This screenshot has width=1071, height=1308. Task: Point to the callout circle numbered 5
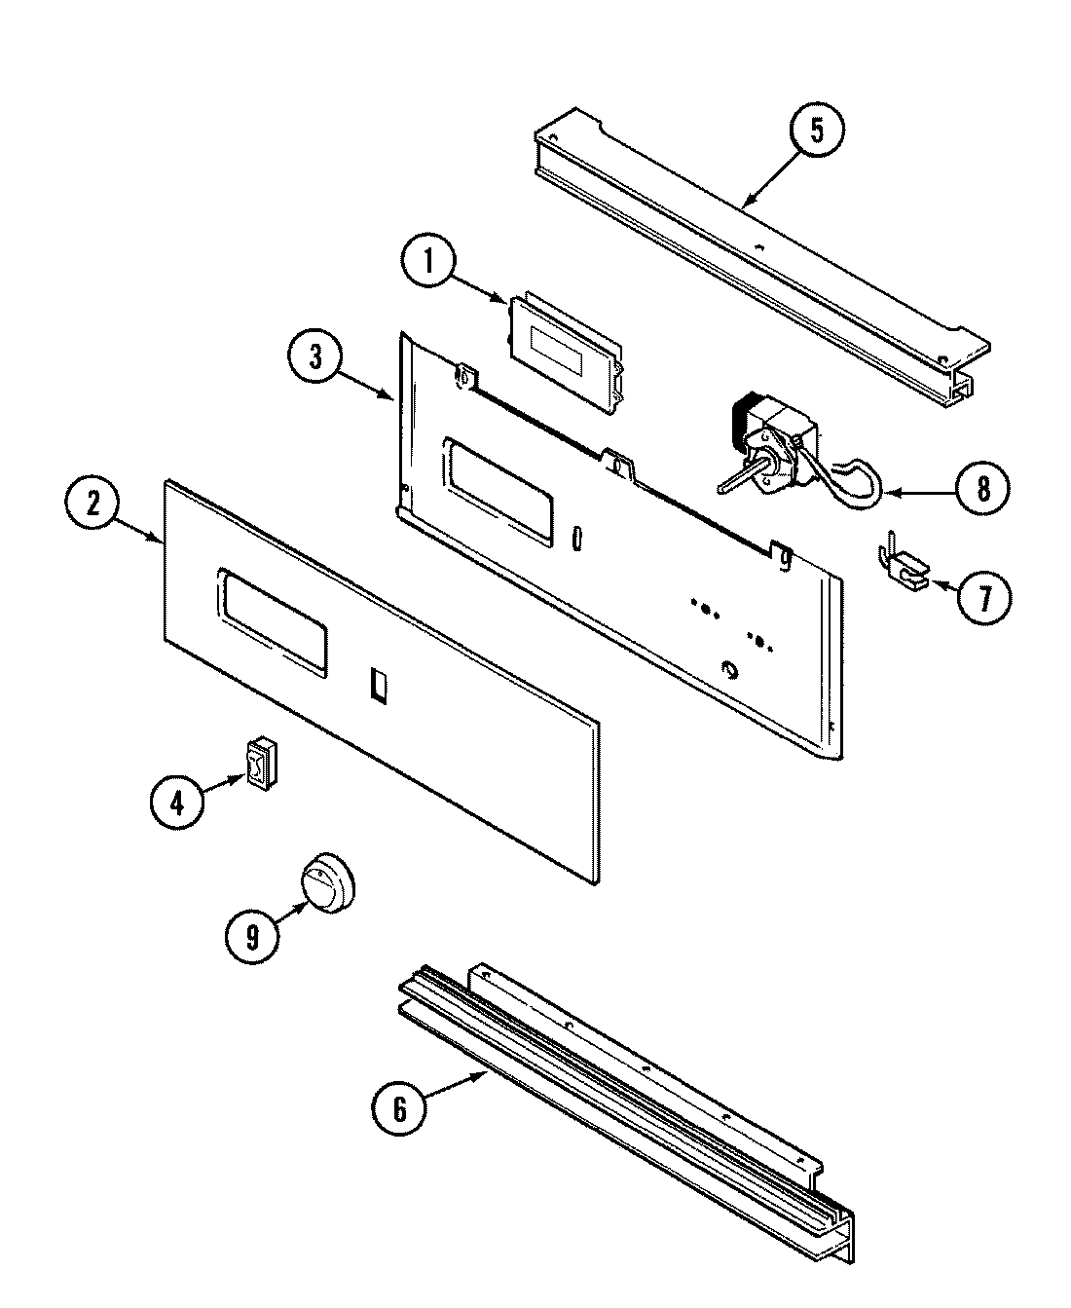[816, 131]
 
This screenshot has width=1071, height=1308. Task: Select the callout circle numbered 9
[252, 937]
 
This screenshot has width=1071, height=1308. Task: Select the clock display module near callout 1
[564, 350]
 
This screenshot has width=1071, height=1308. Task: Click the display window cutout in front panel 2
[272, 622]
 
